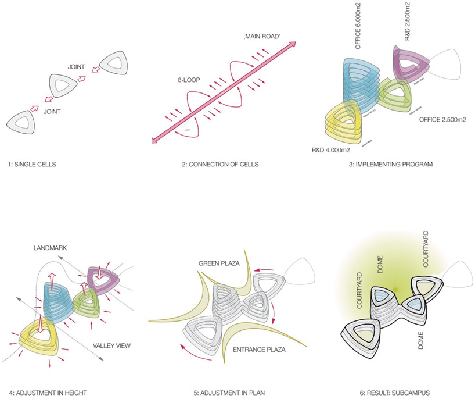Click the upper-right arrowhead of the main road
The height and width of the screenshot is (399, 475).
294,44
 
